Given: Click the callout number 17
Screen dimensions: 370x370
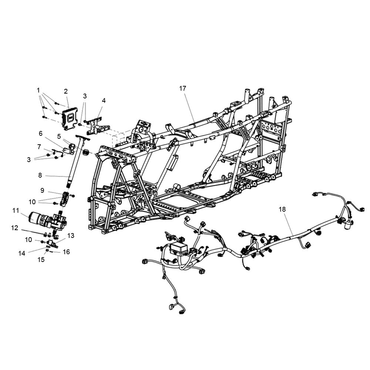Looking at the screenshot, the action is click(x=183, y=88).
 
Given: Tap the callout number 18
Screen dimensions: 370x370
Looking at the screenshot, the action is click(x=282, y=209).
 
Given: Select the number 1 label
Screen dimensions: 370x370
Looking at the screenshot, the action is click(x=38, y=90).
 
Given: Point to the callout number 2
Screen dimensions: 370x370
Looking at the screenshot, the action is click(x=66, y=91).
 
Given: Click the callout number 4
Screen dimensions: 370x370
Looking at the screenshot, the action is click(x=104, y=101).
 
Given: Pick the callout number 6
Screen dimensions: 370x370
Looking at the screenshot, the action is click(x=41, y=133).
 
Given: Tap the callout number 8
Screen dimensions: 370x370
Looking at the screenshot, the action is click(x=40, y=175).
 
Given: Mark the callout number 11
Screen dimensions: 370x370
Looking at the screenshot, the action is click(x=16, y=210).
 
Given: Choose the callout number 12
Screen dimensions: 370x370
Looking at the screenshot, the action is click(x=15, y=228).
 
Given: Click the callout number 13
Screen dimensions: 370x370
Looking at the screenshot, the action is click(x=71, y=235).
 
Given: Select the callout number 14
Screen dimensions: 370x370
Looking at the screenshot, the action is click(x=22, y=253).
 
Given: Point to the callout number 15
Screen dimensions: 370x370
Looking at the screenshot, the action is click(x=41, y=260).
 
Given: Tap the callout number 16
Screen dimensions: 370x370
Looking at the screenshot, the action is click(x=66, y=252).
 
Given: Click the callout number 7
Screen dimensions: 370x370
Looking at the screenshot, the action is click(x=39, y=147).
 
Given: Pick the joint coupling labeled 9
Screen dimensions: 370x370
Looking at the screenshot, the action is click(x=65, y=199).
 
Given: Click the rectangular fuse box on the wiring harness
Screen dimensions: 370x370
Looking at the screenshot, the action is click(x=179, y=249).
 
